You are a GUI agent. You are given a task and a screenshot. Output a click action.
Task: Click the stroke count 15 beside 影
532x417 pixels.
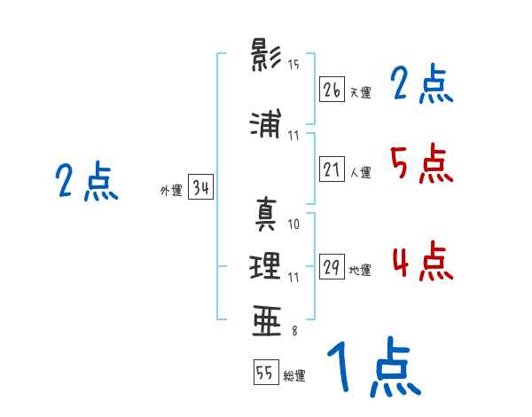click(293, 65)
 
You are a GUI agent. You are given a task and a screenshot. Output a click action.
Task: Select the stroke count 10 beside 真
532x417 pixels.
click(293, 224)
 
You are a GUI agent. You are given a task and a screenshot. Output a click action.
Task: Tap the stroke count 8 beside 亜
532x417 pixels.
click(293, 330)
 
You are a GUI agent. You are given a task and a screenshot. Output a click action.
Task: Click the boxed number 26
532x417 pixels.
click(332, 90)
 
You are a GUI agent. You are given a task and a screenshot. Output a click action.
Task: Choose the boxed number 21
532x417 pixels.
click(332, 169)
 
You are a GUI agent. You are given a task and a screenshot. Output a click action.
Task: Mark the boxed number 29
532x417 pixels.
click(332, 268)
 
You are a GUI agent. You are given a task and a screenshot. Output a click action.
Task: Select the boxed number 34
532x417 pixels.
click(200, 188)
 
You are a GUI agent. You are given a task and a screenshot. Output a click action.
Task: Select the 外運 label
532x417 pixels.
click(170, 191)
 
